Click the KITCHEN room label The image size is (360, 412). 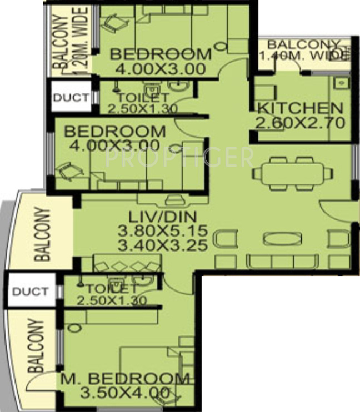(301, 108)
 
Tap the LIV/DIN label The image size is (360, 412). (163, 217)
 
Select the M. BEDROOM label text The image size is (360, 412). (125, 379)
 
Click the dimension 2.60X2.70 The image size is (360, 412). (300, 123)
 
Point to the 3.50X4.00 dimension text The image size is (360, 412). (125, 393)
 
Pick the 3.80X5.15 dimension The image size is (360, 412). (163, 231)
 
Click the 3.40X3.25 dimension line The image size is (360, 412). (163, 245)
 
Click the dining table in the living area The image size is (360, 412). (292, 173)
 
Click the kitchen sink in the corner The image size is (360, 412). (342, 83)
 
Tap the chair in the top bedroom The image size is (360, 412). (113, 23)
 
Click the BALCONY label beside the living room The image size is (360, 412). (42, 234)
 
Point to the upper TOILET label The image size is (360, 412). (143, 98)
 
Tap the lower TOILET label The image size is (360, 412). (112, 289)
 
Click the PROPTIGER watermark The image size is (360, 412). (179, 157)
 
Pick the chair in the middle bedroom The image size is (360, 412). (69, 172)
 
